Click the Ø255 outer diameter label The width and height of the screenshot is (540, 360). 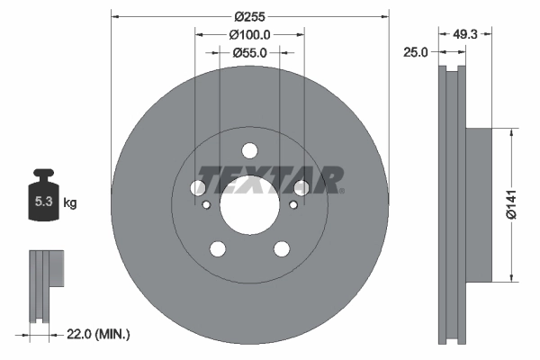pos(250,15)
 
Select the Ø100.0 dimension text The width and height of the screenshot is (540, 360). pos(250,34)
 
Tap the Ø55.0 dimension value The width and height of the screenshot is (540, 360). pos(250,53)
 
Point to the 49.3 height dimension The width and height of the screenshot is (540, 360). pos(464,34)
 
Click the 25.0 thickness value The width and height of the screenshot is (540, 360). pos(416,53)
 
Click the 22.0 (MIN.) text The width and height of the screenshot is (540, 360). pos(98,335)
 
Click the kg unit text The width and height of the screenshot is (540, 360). pos(70,203)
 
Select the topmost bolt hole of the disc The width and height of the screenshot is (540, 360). pos(250,150)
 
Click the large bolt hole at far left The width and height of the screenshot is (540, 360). pos(198,187)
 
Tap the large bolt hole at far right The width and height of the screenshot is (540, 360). pos(301,187)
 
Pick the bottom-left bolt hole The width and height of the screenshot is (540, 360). pos(218,248)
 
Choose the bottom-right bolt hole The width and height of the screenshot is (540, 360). pos(282,248)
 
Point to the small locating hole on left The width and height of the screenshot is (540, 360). pos(207,205)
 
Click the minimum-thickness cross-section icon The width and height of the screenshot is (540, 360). pos(44,283)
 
